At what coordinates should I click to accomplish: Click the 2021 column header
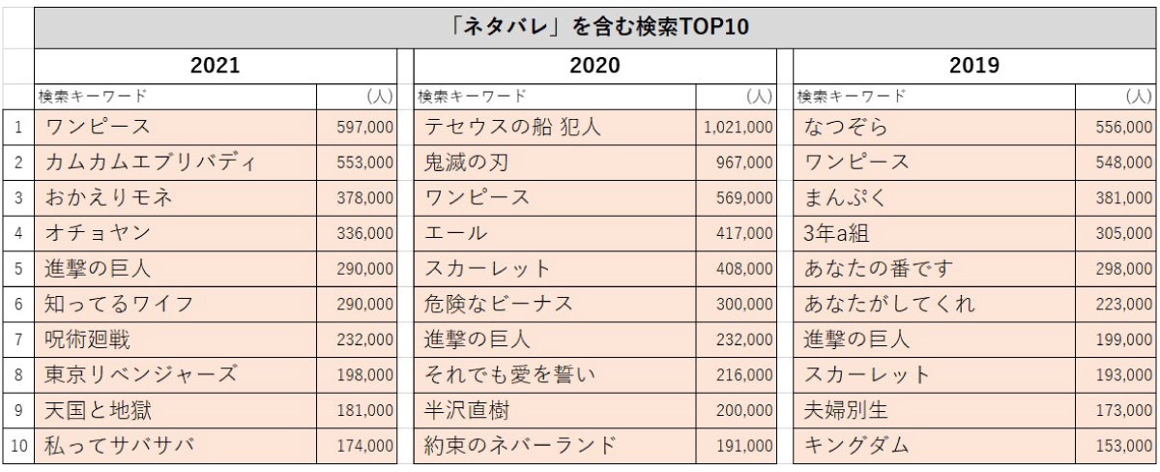click(x=215, y=66)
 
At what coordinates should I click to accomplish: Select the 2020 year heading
click(x=594, y=66)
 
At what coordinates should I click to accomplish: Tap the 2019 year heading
click(x=973, y=66)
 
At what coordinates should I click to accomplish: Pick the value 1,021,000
click(x=739, y=127)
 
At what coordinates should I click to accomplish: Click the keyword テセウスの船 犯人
click(x=512, y=127)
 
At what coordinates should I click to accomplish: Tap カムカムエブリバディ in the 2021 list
click(x=150, y=162)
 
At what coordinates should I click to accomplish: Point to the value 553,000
click(x=364, y=162)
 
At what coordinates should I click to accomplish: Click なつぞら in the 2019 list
click(x=845, y=127)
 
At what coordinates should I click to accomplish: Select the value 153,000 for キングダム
click(x=1123, y=446)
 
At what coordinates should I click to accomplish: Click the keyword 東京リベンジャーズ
click(x=140, y=374)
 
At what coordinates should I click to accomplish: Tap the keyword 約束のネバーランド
click(x=520, y=446)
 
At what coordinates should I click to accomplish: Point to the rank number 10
click(x=18, y=446)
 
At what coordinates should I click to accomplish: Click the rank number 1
click(x=18, y=127)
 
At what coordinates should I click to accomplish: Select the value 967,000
click(x=743, y=162)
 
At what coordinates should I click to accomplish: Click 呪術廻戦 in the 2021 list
click(x=87, y=339)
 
